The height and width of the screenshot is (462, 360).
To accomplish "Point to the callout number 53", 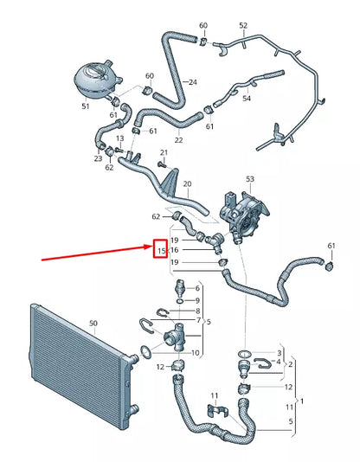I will pyautogui.click(x=251, y=178).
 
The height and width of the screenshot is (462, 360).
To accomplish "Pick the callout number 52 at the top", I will pyautogui.click(x=243, y=25).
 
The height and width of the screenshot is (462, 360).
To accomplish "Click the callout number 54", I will pyautogui.click(x=247, y=99).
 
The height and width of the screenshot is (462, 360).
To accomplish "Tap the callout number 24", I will pyautogui.click(x=193, y=82).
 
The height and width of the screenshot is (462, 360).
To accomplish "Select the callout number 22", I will pyautogui.click(x=178, y=140).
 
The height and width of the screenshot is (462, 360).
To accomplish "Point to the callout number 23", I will pyautogui.click(x=98, y=159).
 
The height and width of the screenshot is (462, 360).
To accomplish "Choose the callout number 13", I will pyautogui.click(x=119, y=138).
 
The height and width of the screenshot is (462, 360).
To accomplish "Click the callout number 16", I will pyautogui.click(x=174, y=250).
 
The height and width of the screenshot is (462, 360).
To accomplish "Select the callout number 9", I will pyautogui.click(x=197, y=300).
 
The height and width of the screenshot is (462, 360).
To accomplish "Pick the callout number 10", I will pyautogui.click(x=196, y=353).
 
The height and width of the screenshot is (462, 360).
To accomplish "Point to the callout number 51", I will pyautogui.click(x=85, y=106).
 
